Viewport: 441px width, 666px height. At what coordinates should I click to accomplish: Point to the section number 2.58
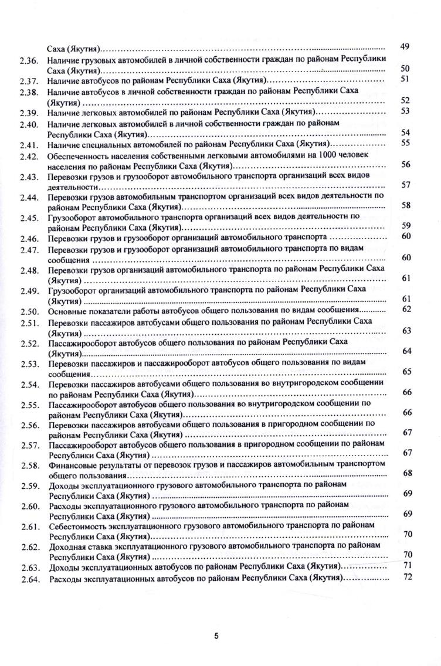tap(28, 465)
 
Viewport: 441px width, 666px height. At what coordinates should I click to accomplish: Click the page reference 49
tap(404, 46)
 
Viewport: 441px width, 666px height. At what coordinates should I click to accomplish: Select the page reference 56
tap(406, 164)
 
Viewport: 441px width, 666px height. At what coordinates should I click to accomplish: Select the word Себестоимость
tap(77, 527)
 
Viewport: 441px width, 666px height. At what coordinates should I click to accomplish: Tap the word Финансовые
tap(70, 465)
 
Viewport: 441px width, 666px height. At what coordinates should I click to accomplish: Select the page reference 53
tap(404, 110)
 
